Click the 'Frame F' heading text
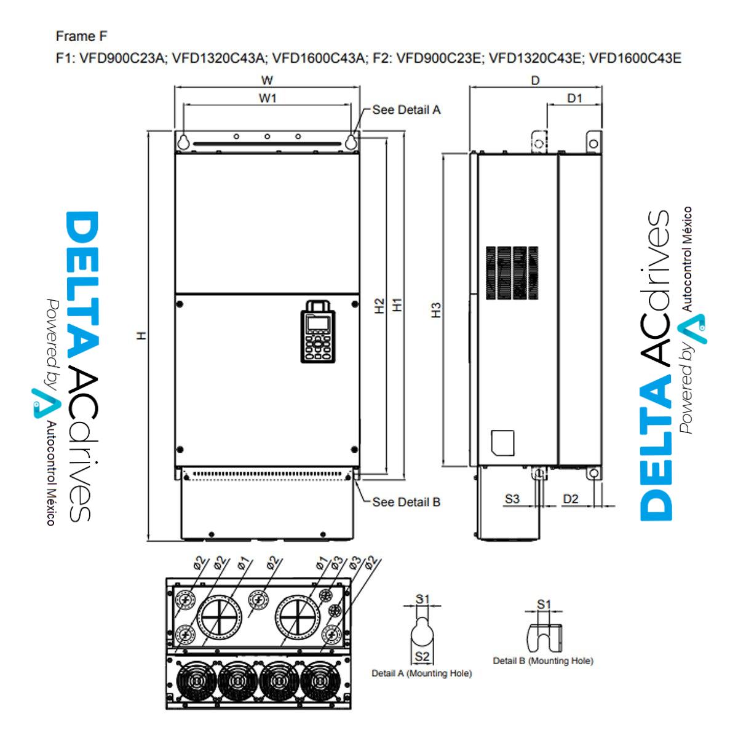click(81, 36)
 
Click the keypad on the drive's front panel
click(318, 331)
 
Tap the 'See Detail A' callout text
click(407, 110)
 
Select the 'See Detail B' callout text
click(407, 502)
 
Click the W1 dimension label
click(268, 98)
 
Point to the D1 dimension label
click(574, 98)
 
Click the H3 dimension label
click(436, 310)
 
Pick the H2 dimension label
click(379, 306)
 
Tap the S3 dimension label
click(512, 499)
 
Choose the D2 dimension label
click(571, 499)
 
